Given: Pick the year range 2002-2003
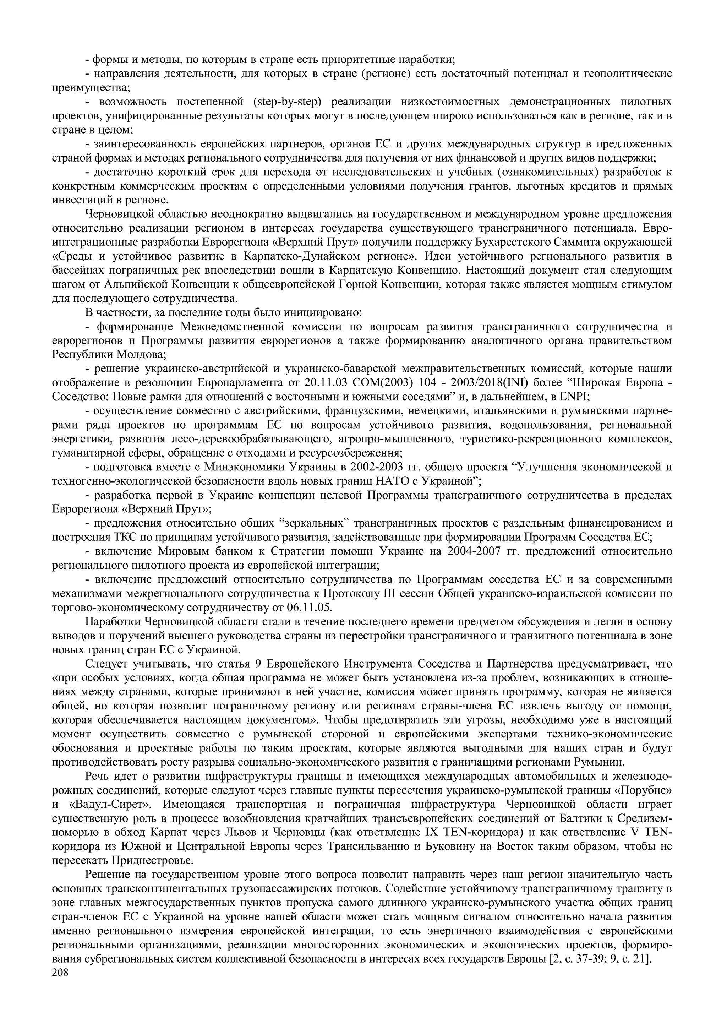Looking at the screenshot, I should tap(375, 467).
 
